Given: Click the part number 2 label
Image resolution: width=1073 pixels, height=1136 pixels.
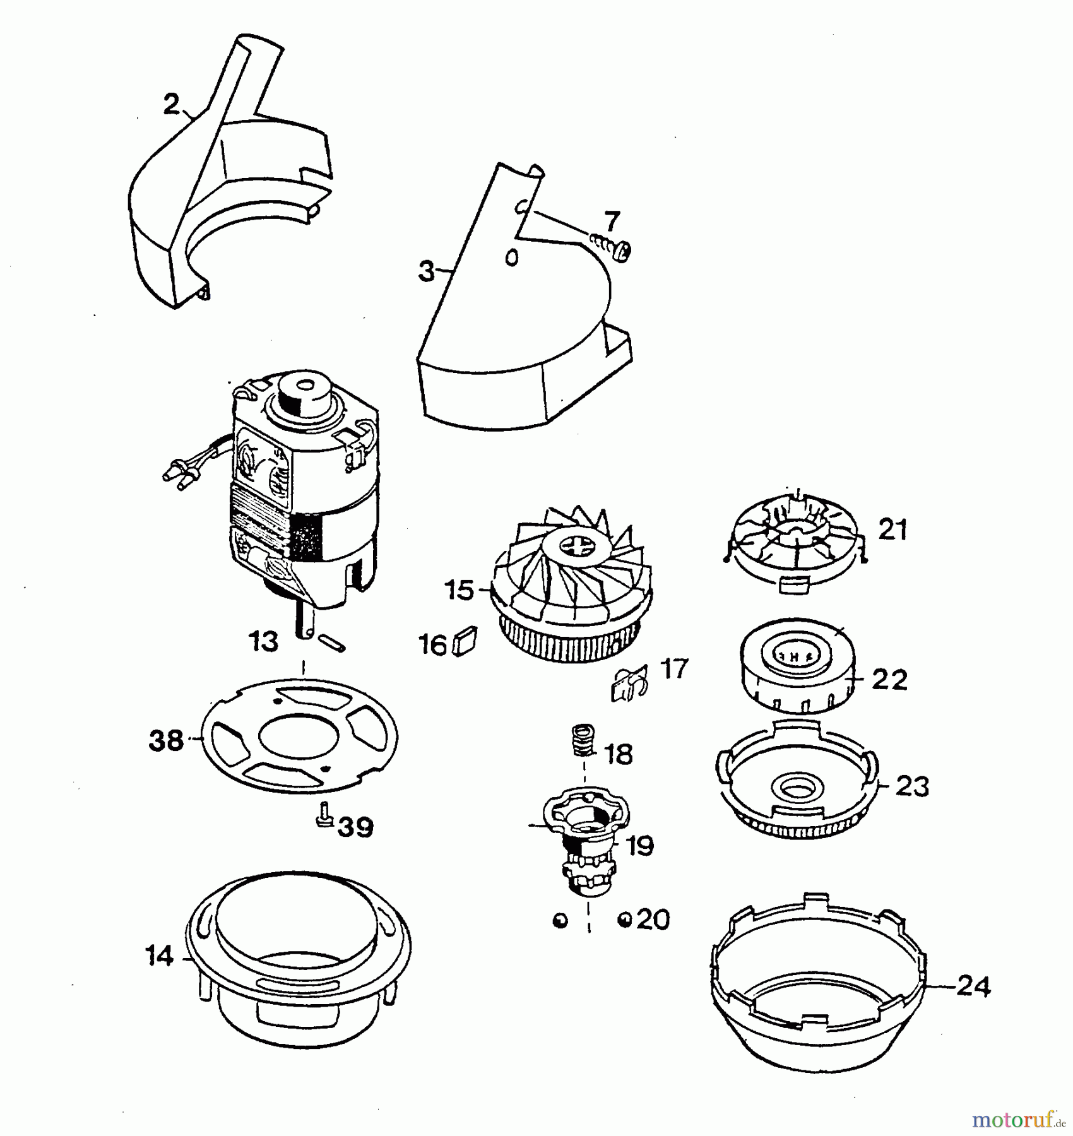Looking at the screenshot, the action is [171, 105].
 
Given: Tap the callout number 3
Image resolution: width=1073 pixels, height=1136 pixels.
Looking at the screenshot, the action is [427, 271].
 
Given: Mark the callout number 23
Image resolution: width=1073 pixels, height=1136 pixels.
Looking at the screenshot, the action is [913, 786].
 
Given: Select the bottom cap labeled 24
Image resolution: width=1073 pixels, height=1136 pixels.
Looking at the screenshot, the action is [819, 982].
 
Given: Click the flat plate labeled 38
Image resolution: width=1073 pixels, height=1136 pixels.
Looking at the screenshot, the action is [299, 735].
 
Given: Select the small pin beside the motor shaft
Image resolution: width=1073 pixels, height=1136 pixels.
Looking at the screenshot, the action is [332, 642].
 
